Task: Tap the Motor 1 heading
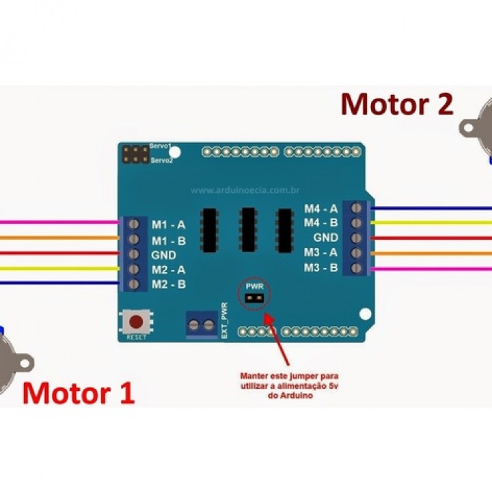pyautogui.click(x=79, y=394)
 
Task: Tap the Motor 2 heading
pyautogui.click(x=397, y=105)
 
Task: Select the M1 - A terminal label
pyautogui.click(x=168, y=224)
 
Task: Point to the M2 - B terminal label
pyautogui.click(x=168, y=284)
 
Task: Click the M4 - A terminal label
pyautogui.click(x=320, y=208)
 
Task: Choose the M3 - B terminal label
pyautogui.click(x=320, y=267)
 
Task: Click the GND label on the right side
pyautogui.click(x=325, y=238)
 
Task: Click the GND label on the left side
pyautogui.click(x=163, y=254)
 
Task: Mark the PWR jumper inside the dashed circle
pyautogui.click(x=254, y=298)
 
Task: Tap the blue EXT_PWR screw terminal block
pyautogui.click(x=202, y=325)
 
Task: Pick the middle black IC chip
pyautogui.click(x=247, y=229)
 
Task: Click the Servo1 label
pyautogui.click(x=161, y=148)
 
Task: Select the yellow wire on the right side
pyautogui.click(x=430, y=223)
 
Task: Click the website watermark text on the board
pyautogui.click(x=246, y=191)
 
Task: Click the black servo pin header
pyautogui.click(x=136, y=154)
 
